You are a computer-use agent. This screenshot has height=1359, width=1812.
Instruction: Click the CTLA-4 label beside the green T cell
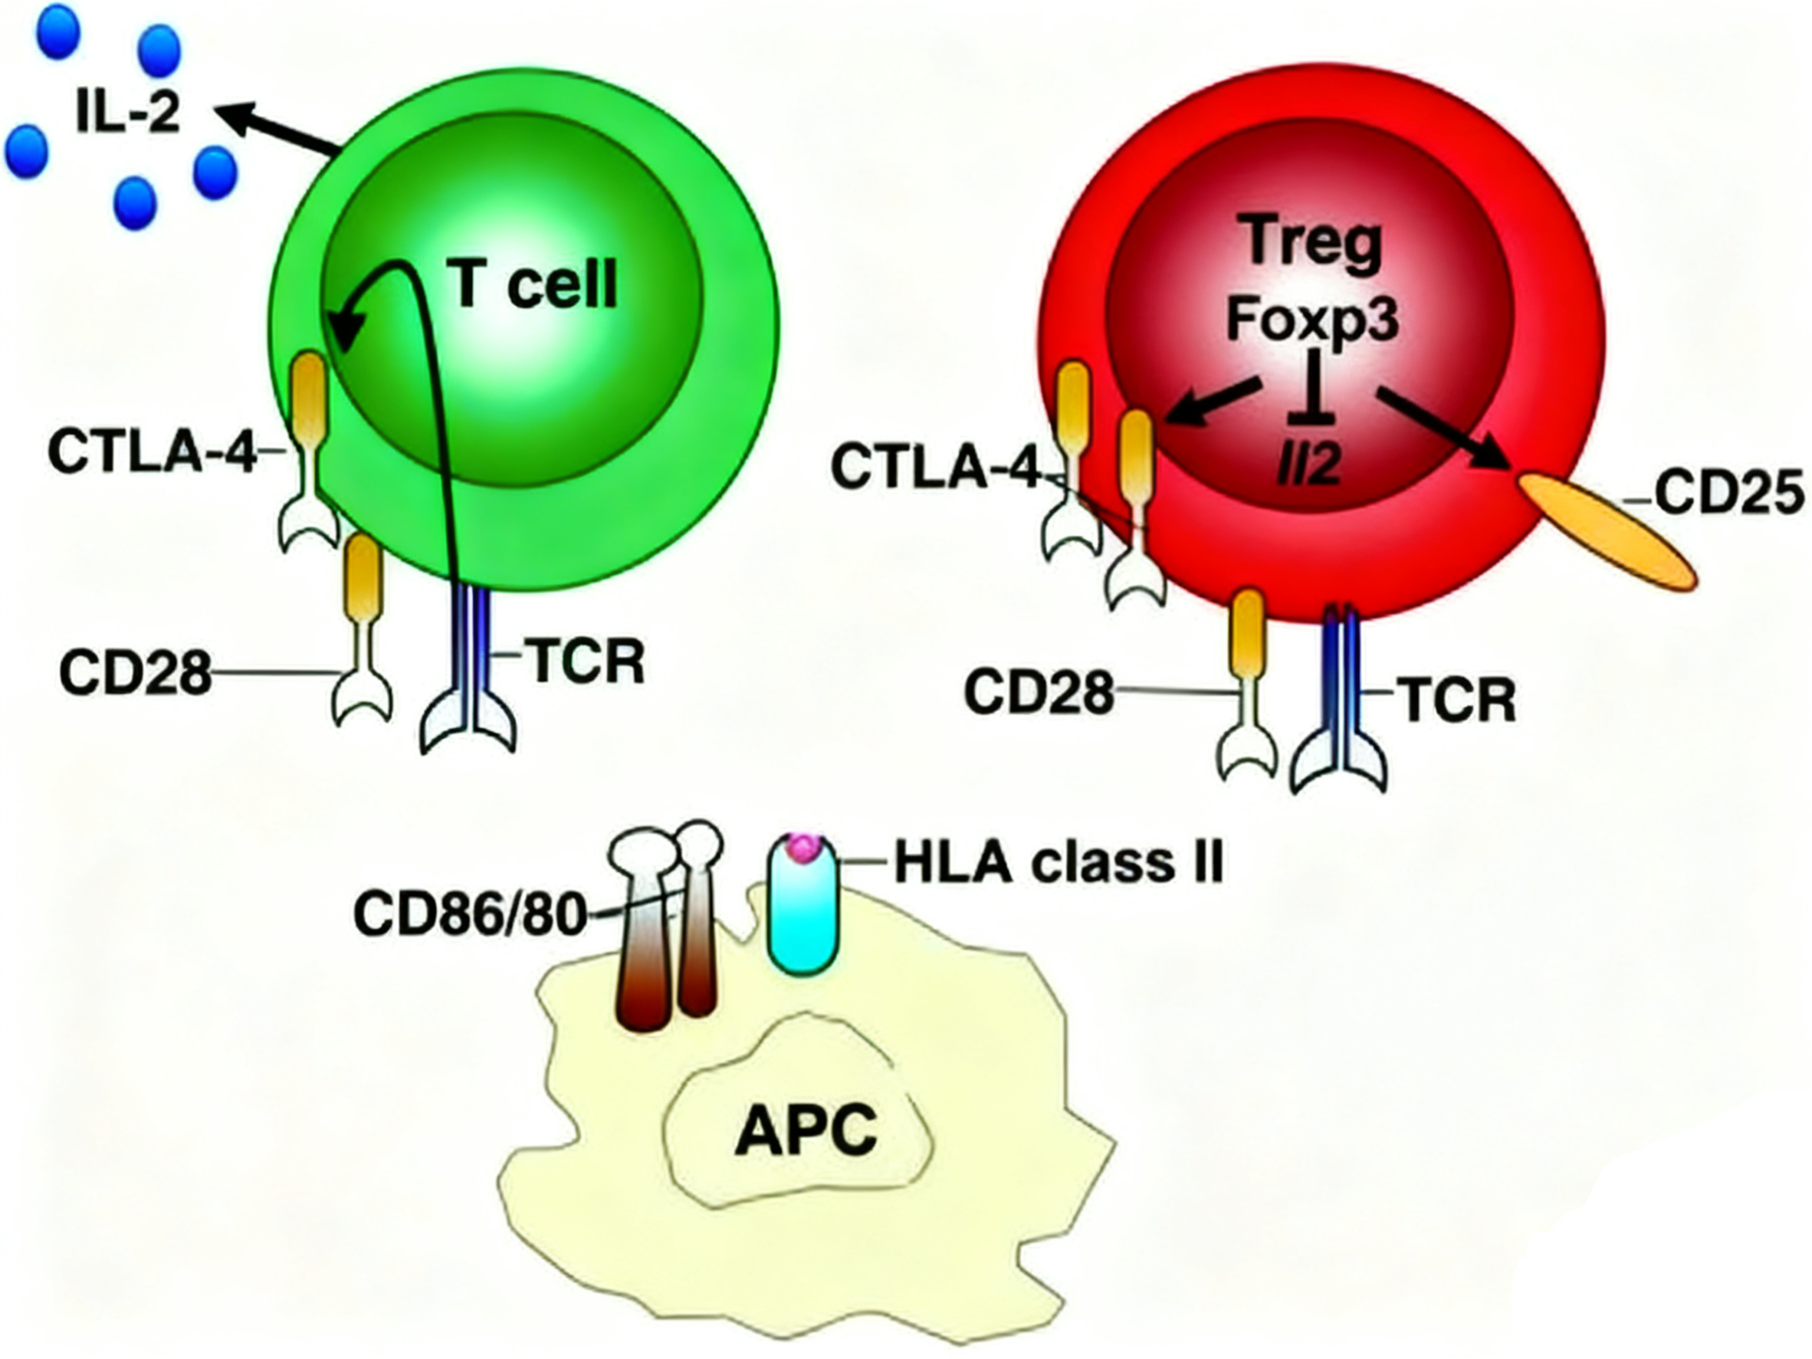tap(153, 451)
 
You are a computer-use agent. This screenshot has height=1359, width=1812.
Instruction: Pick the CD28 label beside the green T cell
tap(135, 673)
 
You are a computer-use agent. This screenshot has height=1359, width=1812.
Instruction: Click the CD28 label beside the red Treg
tap(1039, 692)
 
